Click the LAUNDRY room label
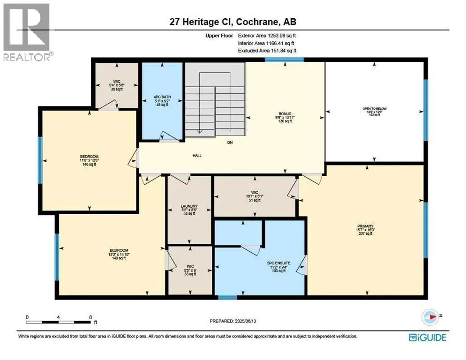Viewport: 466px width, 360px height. coord(189,206)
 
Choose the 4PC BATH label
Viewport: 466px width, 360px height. coord(162,97)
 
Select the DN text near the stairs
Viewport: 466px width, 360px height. coord(230,142)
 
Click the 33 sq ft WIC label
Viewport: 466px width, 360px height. coord(189,270)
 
